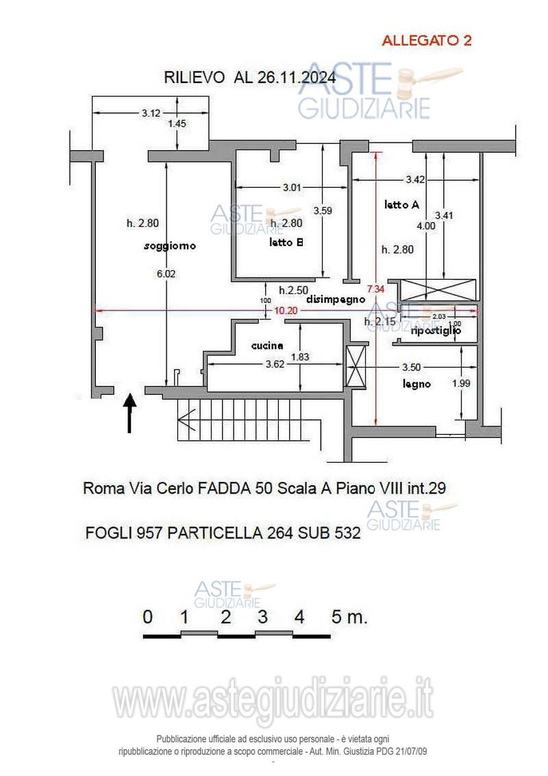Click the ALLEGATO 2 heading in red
click(426, 40)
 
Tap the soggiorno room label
click(170, 245)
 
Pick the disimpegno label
click(336, 299)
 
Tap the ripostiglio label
click(435, 330)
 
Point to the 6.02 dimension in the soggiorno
click(166, 273)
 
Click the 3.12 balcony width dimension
click(151, 113)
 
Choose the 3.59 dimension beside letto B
click(323, 210)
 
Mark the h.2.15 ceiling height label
click(377, 322)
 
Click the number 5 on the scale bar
click(336, 616)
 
